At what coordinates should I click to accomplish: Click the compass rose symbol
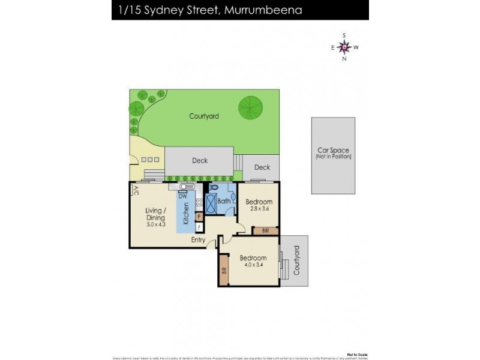(x=344, y=47)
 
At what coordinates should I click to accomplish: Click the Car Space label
(x=333, y=151)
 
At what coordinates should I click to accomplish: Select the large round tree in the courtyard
(x=250, y=109)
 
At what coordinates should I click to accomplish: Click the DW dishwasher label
(x=182, y=196)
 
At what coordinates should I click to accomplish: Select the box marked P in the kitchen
(x=199, y=216)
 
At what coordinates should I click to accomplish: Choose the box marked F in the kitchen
(x=199, y=227)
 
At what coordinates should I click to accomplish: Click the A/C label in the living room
(x=136, y=190)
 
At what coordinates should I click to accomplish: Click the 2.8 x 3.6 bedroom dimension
(x=259, y=209)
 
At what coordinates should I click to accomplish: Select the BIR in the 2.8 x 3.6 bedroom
(x=265, y=230)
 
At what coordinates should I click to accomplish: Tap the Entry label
(x=198, y=240)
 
